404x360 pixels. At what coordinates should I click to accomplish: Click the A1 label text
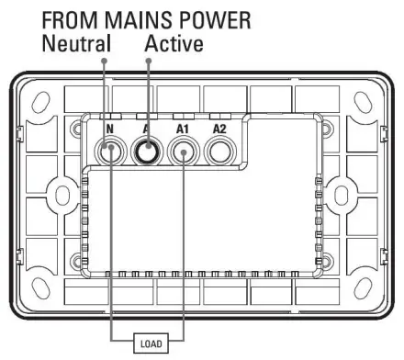click(182, 128)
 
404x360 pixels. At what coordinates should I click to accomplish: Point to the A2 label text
click(219, 128)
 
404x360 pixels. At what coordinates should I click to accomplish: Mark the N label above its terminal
click(109, 128)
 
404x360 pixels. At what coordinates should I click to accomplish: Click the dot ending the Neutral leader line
click(104, 62)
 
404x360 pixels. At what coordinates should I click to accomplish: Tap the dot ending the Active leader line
click(149, 62)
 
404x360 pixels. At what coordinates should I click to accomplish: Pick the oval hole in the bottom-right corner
click(360, 287)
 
